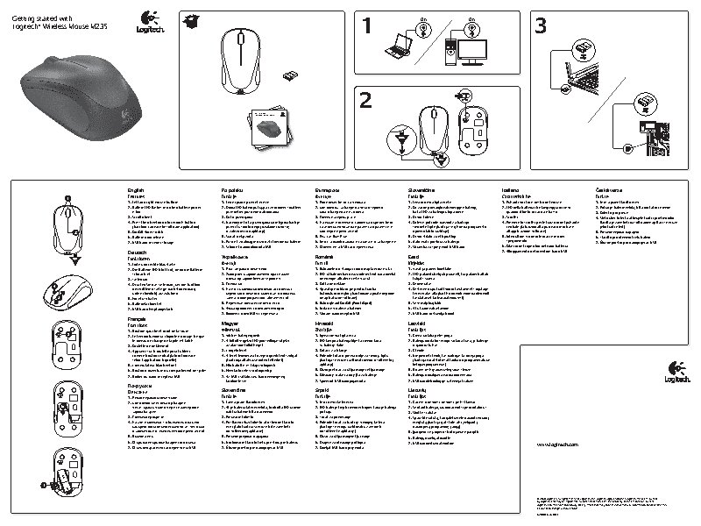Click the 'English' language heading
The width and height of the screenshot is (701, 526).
(x=136, y=188)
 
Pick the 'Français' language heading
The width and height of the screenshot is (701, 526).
(x=137, y=318)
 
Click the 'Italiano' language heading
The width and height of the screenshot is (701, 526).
(x=509, y=188)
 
